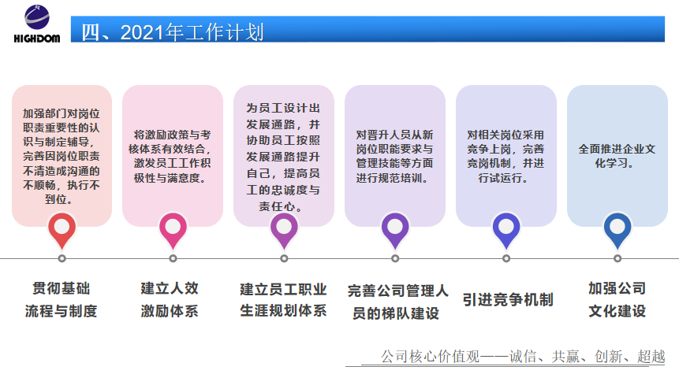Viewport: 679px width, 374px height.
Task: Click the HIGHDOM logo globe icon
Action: [x=37, y=17]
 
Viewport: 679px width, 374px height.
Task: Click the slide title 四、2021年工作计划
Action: [x=173, y=32]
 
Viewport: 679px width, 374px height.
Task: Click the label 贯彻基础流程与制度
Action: [x=61, y=300]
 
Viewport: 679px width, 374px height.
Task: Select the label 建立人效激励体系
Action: [x=170, y=300]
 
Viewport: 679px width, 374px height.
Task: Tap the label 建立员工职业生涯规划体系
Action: [x=283, y=300]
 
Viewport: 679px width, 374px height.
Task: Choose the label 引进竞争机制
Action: [x=508, y=300]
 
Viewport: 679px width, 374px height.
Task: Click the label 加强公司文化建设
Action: [x=617, y=300]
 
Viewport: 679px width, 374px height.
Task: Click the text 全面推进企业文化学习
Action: [x=617, y=156]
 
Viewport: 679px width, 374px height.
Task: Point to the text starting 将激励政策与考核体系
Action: [x=173, y=156]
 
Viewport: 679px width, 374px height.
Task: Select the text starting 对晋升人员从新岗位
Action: [x=394, y=156]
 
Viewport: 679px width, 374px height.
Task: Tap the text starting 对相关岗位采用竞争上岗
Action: [x=506, y=156]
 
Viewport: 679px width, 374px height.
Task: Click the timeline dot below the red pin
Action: [x=62, y=258]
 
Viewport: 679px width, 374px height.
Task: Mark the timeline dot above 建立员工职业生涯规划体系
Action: [x=284, y=258]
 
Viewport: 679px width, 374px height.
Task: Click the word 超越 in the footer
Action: [x=651, y=356]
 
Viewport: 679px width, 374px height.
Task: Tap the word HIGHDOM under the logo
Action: [x=37, y=39]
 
